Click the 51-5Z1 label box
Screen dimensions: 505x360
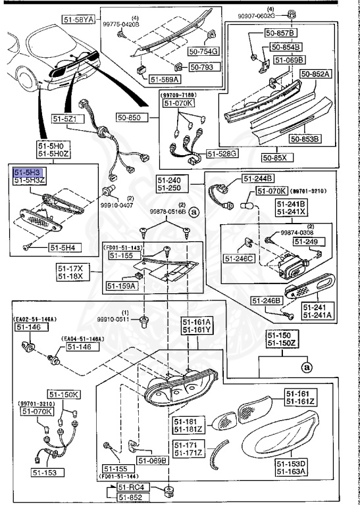[x=66, y=119]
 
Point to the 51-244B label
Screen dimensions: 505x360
[x=257, y=178]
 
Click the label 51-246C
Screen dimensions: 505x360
[x=238, y=259]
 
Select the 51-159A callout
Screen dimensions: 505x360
[x=122, y=286]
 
